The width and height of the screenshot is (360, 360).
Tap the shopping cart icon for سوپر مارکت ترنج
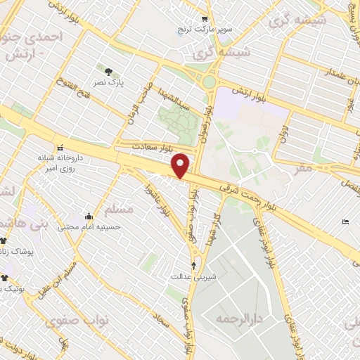click(205, 20)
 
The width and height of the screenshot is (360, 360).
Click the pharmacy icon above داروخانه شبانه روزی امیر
click(60, 147)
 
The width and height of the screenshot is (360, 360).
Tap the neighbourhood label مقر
click(304, 169)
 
